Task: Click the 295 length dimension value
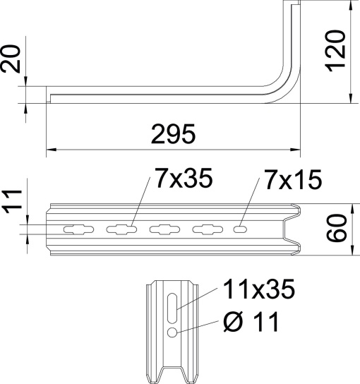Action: [173, 133]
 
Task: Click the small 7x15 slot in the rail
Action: [241, 229]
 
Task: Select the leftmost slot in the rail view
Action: [77, 229]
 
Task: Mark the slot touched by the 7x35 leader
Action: [121, 229]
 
